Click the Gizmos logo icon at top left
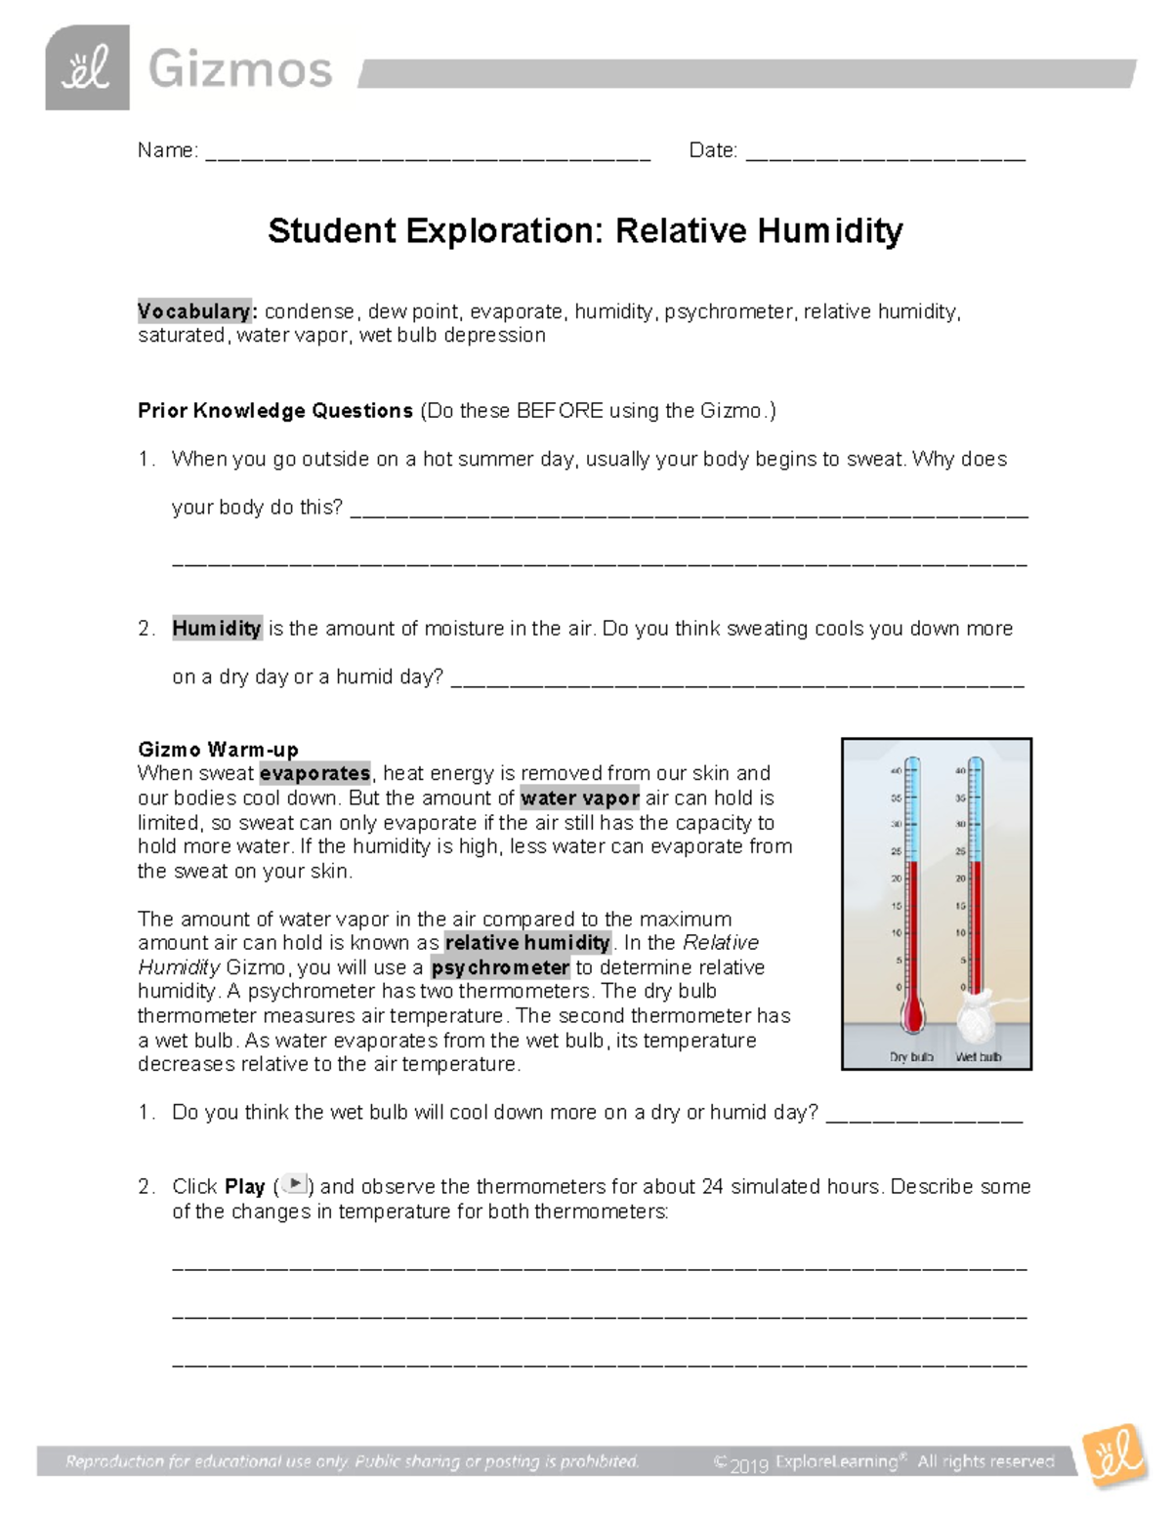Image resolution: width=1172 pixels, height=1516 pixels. [87, 68]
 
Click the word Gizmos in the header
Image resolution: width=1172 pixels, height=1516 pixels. [240, 70]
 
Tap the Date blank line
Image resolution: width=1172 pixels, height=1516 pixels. [885, 154]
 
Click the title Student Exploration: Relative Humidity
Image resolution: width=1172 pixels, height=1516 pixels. [585, 231]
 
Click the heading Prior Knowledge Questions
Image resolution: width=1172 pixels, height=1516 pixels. [275, 411]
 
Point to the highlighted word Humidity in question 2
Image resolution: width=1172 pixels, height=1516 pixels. [217, 629]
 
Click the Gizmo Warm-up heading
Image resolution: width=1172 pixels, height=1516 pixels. [218, 750]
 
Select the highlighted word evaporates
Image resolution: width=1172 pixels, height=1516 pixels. [314, 774]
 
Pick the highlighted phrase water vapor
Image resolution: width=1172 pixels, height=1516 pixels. [580, 799]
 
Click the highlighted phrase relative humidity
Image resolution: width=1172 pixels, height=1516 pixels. [527, 943]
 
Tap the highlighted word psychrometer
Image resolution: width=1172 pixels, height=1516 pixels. [501, 968]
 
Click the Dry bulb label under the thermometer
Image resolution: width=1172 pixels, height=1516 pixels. [911, 1057]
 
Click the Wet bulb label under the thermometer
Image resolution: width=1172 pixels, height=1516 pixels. [978, 1057]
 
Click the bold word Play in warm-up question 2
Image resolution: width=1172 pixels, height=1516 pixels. [244, 1187]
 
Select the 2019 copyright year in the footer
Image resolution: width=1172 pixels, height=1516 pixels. [751, 1463]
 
